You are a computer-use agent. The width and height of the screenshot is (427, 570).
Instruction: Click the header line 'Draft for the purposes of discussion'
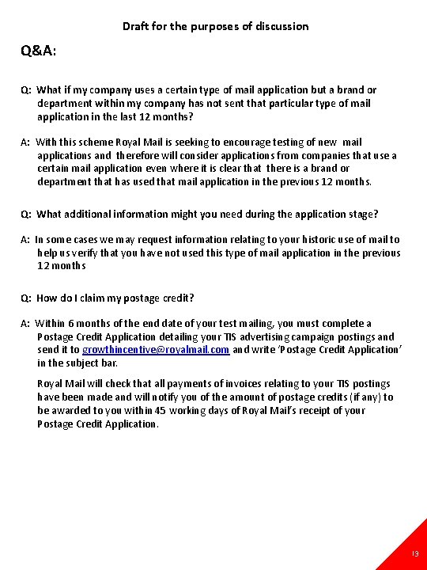[x=215, y=26]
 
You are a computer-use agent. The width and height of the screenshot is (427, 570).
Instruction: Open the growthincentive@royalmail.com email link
[x=156, y=350]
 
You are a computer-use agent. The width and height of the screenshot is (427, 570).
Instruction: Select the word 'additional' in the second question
[x=89, y=214]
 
